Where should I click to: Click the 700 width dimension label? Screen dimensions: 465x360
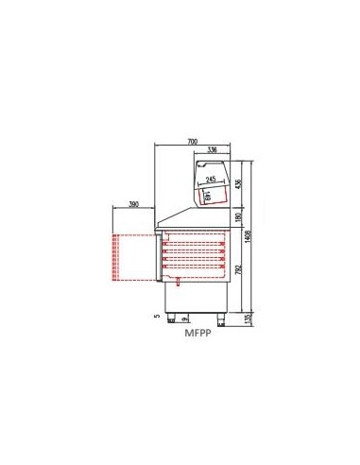[193, 141]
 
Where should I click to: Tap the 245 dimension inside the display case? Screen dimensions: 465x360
[214, 179]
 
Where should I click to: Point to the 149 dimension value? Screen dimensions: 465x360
[207, 195]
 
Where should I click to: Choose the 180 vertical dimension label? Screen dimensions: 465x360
[239, 219]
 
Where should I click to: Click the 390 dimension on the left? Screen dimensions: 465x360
[133, 204]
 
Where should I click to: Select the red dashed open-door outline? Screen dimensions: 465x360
[133, 258]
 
